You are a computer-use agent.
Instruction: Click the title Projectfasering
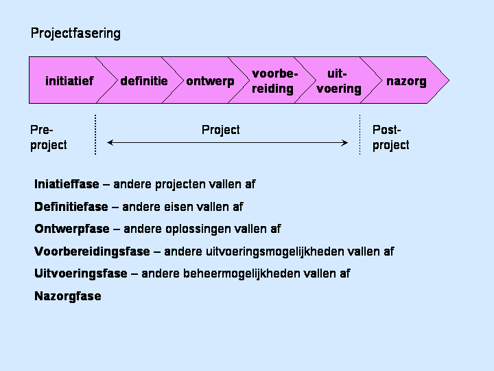tap(75, 34)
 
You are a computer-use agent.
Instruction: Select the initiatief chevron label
tap(69, 81)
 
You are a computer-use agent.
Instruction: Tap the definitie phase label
tap(144, 81)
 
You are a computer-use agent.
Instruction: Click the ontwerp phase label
tap(210, 82)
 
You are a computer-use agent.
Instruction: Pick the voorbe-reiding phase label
tap(274, 81)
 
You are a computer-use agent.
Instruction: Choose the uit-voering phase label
tap(339, 81)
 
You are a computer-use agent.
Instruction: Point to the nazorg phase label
tap(406, 82)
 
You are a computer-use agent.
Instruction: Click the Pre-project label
tap(49, 137)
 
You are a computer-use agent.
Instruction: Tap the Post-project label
tap(390, 137)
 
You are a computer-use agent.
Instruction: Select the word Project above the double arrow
tap(220, 130)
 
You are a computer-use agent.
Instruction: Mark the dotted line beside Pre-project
tap(95, 135)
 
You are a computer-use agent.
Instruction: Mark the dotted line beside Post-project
tap(360, 135)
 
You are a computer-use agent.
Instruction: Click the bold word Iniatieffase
tap(67, 184)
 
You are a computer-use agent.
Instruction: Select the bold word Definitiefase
tap(71, 207)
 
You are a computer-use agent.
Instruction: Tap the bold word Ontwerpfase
tap(72, 229)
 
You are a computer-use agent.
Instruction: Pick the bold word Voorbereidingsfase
tap(92, 251)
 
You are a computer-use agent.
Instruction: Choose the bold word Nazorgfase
tap(68, 296)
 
